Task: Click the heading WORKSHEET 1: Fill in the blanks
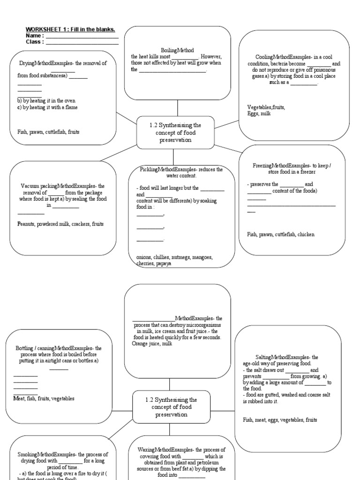tap(70, 30)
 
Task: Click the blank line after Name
tap(82, 37)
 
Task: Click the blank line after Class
tap(82, 43)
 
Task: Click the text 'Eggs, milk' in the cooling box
tap(259, 113)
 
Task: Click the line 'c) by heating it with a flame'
tap(47, 107)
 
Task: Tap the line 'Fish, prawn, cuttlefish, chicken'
tap(281, 234)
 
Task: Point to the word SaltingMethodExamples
tap(270, 357)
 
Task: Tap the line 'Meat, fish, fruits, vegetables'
tap(44, 398)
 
